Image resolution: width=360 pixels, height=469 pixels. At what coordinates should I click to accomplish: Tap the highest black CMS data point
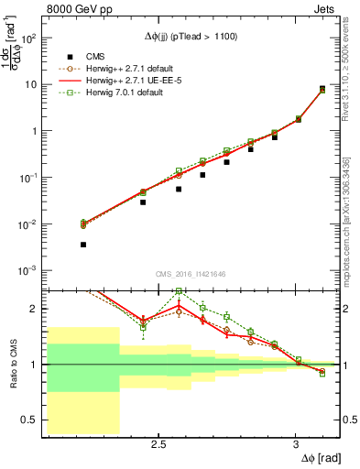coord(322,89)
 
